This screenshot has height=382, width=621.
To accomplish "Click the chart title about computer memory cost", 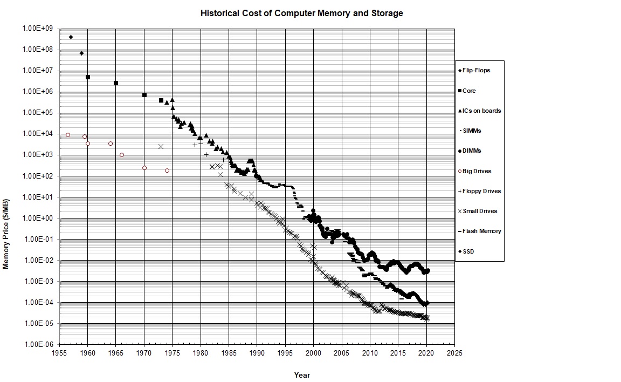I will tap(301, 13).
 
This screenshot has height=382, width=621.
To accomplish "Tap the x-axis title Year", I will tap(302, 375).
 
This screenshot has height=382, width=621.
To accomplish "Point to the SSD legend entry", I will tap(468, 251).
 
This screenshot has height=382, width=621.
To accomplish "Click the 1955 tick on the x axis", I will tap(60, 353).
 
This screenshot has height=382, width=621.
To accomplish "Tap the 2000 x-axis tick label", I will tap(314, 353).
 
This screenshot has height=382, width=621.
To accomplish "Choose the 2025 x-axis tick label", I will tap(454, 353).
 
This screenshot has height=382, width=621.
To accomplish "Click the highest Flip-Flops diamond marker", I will tap(71, 37).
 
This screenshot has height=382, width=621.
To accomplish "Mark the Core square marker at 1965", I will tap(116, 83).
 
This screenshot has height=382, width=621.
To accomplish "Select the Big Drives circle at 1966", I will tap(122, 155).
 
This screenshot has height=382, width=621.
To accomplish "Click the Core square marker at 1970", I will tap(144, 95).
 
